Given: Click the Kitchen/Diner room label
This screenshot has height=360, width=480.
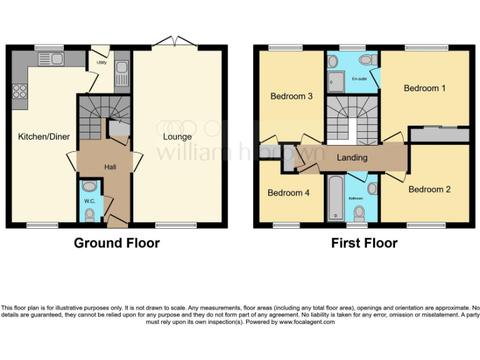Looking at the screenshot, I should [43, 136].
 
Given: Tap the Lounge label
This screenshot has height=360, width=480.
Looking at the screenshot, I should [177, 136].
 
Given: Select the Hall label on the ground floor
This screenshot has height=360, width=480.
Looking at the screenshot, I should [110, 167].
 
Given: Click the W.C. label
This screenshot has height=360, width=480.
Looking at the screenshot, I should [89, 201].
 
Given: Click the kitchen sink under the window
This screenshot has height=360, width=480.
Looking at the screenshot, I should [50, 59].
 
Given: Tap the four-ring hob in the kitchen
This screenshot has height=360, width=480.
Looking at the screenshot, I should [19, 91].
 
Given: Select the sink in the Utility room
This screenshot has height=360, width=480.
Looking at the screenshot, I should [122, 69].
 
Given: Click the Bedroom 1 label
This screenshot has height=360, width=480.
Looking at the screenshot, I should [424, 88].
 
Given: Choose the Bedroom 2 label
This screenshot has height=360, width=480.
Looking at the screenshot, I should [429, 189].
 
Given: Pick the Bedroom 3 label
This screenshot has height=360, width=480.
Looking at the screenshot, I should [291, 96].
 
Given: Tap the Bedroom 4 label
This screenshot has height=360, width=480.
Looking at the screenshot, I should [288, 192].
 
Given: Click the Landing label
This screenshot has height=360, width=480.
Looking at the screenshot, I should [352, 157].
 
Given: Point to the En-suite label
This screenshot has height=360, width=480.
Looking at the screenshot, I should [359, 79].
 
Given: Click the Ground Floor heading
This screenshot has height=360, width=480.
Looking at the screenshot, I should [117, 242].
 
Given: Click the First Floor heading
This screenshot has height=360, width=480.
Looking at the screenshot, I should [364, 242].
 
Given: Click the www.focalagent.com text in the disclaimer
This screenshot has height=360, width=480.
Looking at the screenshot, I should [307, 322].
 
